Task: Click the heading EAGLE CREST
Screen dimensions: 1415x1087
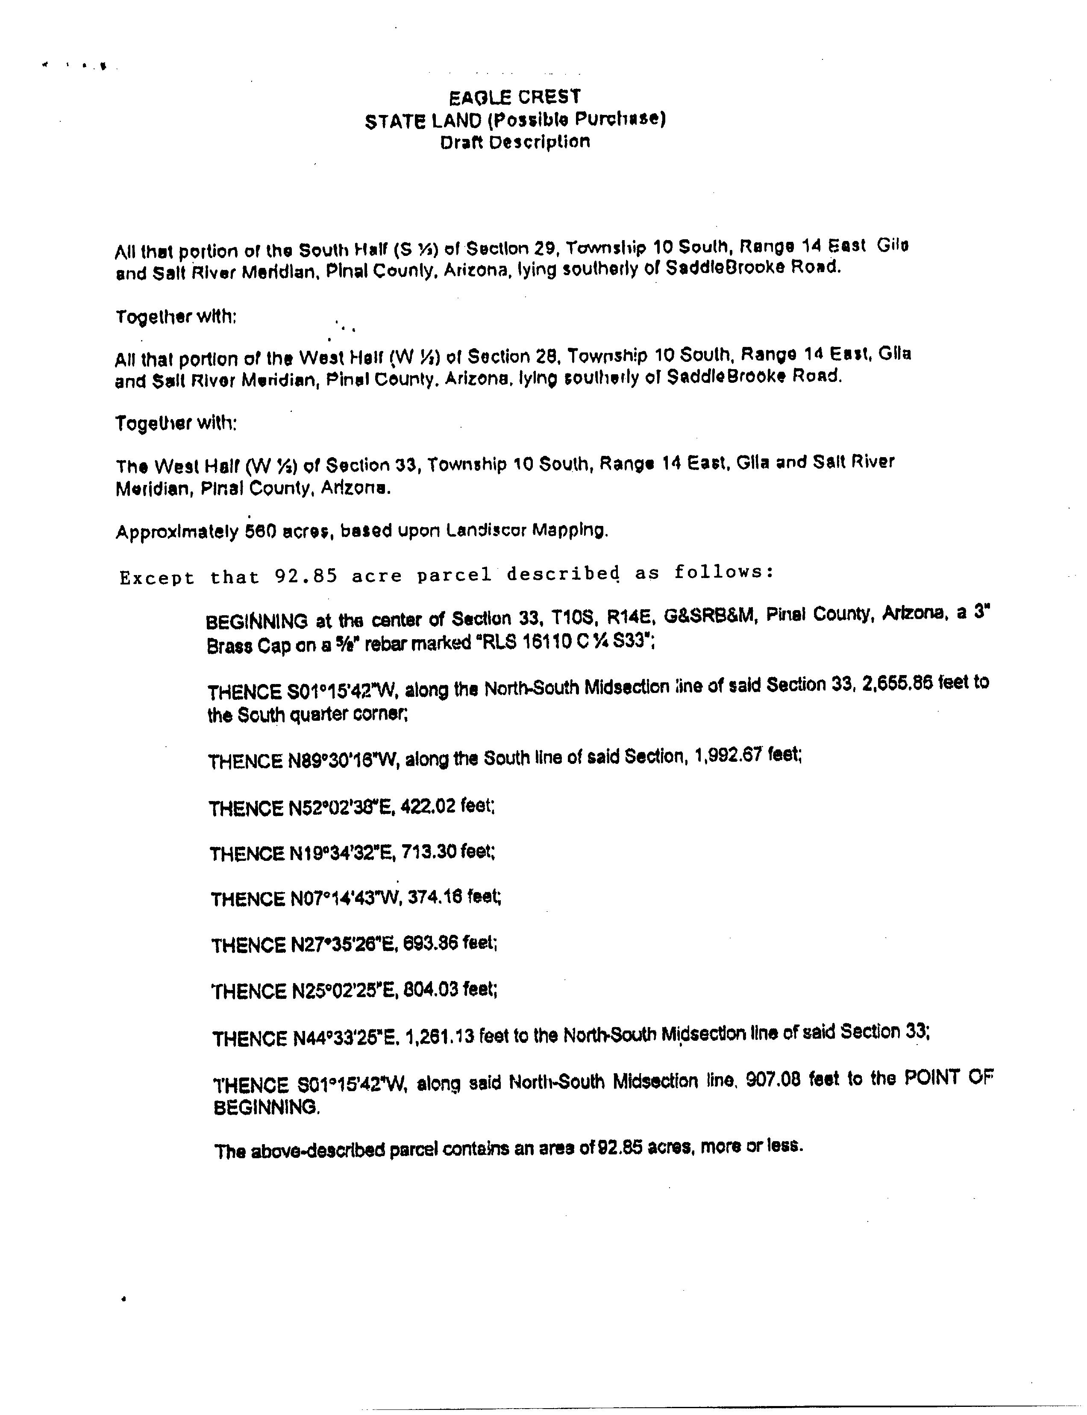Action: (514, 97)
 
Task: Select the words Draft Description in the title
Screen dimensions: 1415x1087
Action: (514, 142)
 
